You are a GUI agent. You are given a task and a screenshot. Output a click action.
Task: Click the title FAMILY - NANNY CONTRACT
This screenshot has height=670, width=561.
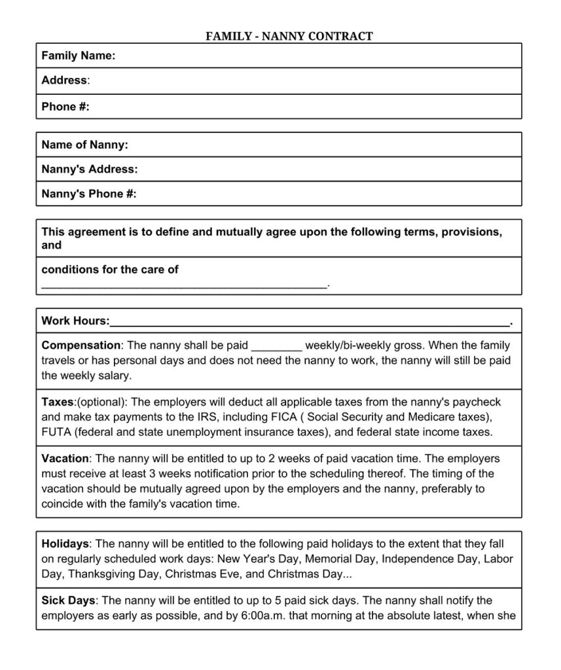(289, 36)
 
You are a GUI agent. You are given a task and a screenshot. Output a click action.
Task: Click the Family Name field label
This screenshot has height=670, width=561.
(78, 56)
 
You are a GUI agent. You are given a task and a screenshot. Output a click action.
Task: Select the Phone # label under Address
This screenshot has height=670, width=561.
(65, 107)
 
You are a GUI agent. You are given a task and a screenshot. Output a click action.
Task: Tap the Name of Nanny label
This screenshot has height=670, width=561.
(84, 145)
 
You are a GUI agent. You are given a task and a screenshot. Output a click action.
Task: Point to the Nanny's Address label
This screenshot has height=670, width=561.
(89, 169)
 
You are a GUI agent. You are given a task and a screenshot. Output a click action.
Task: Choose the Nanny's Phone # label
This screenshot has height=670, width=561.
(88, 194)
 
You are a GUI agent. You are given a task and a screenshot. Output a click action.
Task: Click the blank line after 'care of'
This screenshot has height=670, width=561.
(183, 285)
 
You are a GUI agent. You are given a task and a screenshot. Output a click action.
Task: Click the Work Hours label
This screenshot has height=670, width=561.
(75, 321)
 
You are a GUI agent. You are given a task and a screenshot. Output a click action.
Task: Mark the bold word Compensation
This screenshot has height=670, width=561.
(81, 345)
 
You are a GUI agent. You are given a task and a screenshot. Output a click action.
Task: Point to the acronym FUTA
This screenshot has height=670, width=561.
(56, 432)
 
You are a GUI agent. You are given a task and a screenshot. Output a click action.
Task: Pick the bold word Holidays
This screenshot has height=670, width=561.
(65, 544)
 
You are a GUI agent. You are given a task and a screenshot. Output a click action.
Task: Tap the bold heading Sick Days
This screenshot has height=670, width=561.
(68, 601)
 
